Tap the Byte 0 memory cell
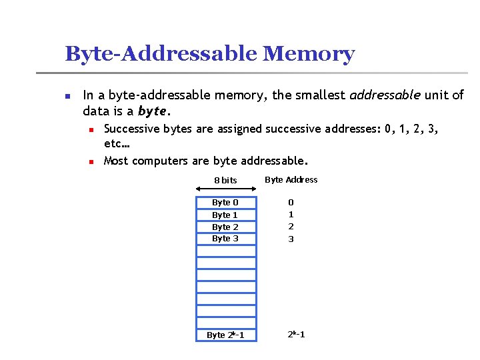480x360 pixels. click(x=225, y=203)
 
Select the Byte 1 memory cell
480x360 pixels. click(x=225, y=215)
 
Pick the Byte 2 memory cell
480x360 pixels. click(x=225, y=227)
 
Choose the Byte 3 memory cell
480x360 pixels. click(x=225, y=239)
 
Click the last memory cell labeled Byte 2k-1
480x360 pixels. click(x=225, y=335)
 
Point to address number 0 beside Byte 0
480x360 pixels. click(x=291, y=203)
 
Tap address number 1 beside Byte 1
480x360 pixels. click(x=291, y=215)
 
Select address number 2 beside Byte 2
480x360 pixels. click(x=291, y=227)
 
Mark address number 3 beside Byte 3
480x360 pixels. click(x=291, y=239)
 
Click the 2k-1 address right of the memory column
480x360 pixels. click(x=296, y=334)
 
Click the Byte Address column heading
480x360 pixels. click(x=291, y=179)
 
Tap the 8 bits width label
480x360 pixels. click(x=225, y=180)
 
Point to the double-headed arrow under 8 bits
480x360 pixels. click(x=225, y=189)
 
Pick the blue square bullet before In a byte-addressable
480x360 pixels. click(x=67, y=95)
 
